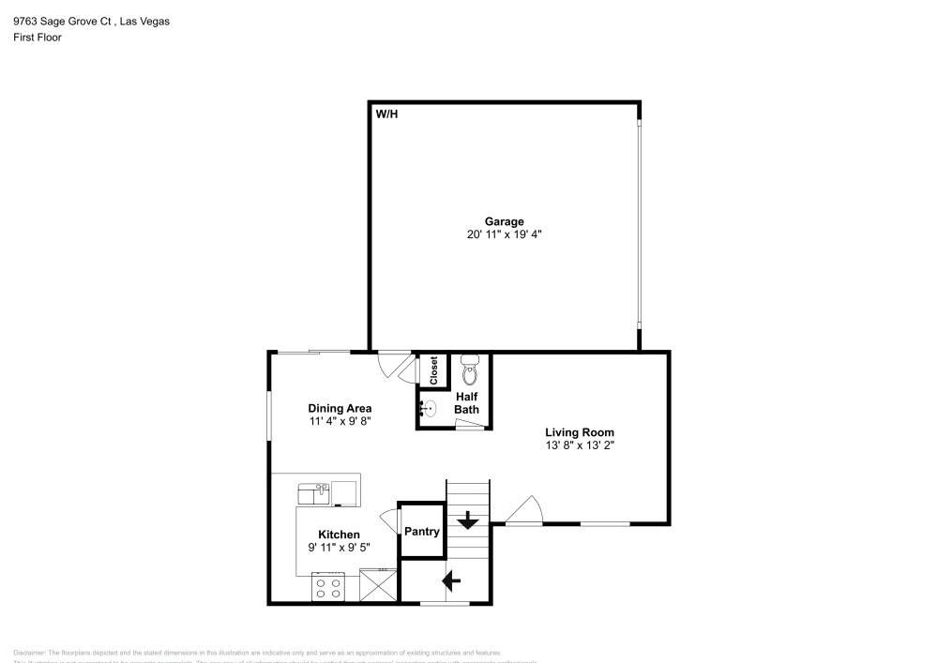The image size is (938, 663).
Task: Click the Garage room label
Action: (x=504, y=221)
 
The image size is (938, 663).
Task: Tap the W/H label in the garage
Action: (x=386, y=113)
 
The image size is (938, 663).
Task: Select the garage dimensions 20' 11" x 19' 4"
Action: (x=504, y=234)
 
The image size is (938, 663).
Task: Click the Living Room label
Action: (x=579, y=432)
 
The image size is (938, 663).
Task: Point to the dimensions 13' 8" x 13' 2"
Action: (x=579, y=445)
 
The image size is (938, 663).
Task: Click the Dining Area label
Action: (x=340, y=408)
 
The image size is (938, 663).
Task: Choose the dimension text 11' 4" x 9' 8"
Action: (x=340, y=422)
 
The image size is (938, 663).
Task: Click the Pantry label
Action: (x=422, y=531)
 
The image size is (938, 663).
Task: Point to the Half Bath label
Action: (x=466, y=403)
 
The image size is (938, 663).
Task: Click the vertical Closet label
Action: (x=433, y=370)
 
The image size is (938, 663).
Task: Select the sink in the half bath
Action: (x=428, y=409)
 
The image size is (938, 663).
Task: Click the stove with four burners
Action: (x=328, y=588)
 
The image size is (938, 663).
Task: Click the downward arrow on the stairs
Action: (x=467, y=519)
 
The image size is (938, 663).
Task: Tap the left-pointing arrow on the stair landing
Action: (x=451, y=581)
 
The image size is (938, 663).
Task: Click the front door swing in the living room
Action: (x=525, y=511)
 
